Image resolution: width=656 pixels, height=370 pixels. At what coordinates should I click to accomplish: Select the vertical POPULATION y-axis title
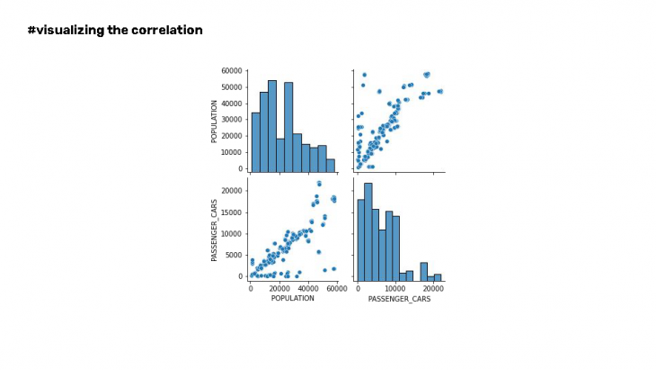pos(214,121)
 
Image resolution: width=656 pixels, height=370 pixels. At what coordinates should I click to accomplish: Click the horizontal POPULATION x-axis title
pos(292,298)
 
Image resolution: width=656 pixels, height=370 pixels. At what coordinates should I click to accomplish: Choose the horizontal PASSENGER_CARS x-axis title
pos(399,298)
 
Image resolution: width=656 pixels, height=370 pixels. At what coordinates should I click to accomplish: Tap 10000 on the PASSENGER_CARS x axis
pos(395,288)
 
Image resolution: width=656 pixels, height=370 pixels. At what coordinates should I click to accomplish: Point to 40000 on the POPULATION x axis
pos(308,288)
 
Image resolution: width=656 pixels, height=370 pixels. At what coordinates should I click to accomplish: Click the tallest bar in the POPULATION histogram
pos(272,126)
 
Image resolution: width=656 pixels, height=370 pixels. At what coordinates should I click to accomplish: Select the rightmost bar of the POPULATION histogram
pos(330,165)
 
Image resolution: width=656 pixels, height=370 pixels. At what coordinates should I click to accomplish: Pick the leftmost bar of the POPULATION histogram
pos(255,141)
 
